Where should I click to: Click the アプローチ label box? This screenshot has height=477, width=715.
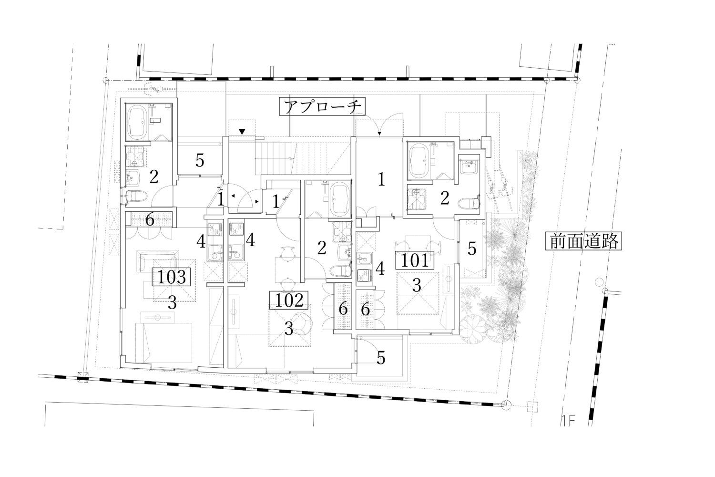click(322, 107)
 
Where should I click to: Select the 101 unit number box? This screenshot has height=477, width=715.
click(415, 260)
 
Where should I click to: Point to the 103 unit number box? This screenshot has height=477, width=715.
click(172, 277)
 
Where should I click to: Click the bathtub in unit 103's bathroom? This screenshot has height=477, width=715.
click(137, 122)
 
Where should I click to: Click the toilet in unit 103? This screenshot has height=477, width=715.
click(136, 196)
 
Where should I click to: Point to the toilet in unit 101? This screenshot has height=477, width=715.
click(469, 203)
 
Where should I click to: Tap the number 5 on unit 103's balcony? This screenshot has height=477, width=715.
click(200, 160)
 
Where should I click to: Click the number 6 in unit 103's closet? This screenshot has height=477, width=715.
click(150, 220)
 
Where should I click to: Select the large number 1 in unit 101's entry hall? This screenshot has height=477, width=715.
click(381, 179)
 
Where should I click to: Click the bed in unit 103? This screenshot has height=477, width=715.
click(164, 342)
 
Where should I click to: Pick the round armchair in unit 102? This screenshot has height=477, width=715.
click(303, 323)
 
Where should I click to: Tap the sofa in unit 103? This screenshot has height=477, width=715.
click(157, 260)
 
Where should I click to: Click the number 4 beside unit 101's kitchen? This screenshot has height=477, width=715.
click(380, 269)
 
